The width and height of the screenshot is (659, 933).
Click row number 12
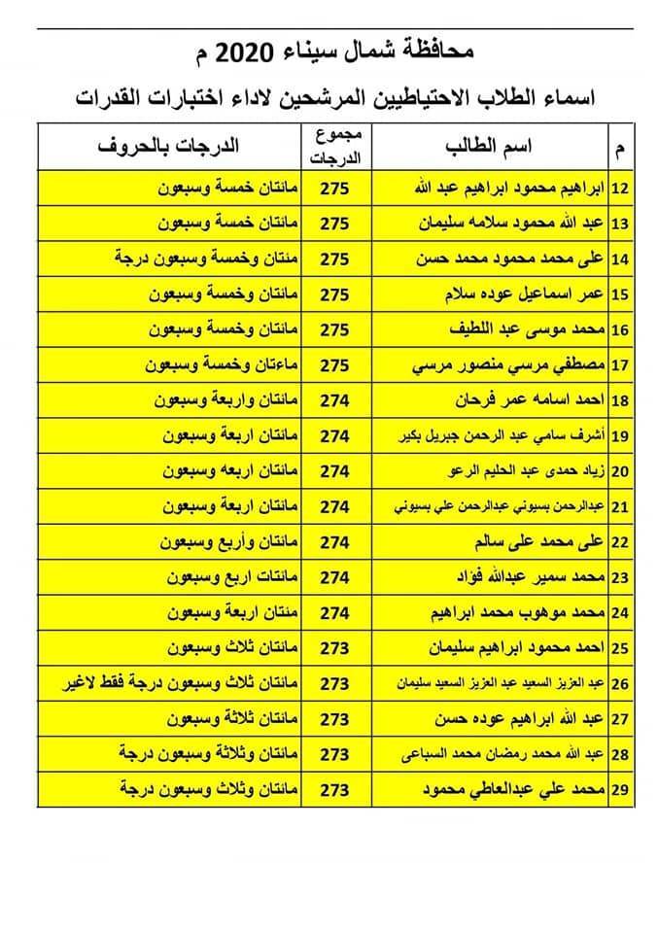tap(619, 188)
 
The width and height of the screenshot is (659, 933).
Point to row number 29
tap(619, 789)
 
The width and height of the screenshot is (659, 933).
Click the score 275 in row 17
tap(333, 364)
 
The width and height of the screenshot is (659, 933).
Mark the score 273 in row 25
tap(333, 647)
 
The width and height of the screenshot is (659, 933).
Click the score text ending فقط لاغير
tap(169, 683)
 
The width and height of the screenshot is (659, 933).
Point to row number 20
tap(619, 470)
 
